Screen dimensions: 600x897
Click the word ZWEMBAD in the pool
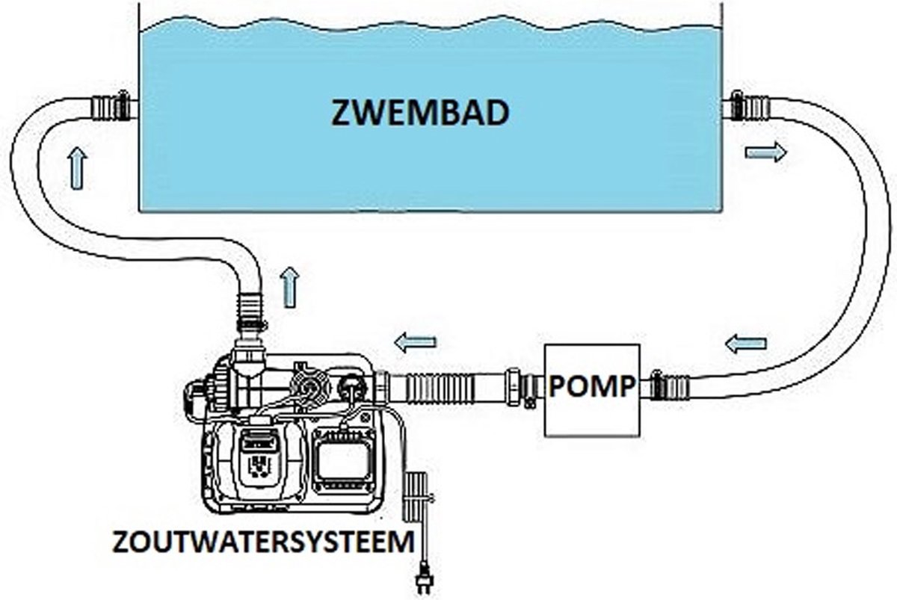pos(420,114)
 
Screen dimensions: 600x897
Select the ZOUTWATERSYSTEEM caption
pos(262,542)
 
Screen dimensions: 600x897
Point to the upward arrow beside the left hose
pos(76,168)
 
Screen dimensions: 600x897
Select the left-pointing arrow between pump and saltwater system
pos(415,343)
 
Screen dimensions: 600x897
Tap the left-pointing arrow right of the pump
pos(746,344)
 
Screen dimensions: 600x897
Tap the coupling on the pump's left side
pos(522,387)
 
